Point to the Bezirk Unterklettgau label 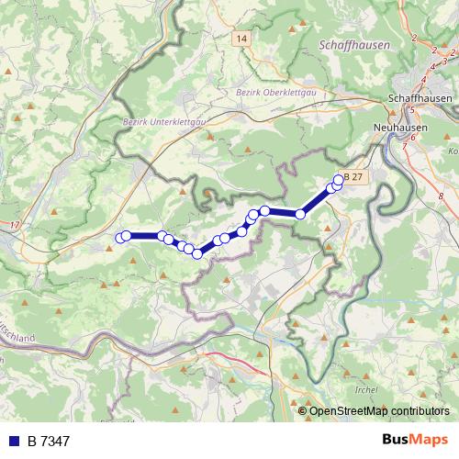coord(162,120)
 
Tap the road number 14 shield coord(241,38)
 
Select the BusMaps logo coord(414,440)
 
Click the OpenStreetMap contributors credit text coord(379,410)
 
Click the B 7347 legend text coord(48,442)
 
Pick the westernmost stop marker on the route coord(119,238)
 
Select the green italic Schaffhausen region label coord(353,44)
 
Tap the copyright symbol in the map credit coord(303,410)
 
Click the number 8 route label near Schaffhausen coord(442,196)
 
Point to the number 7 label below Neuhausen coord(405,145)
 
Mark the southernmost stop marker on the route coord(196,252)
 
